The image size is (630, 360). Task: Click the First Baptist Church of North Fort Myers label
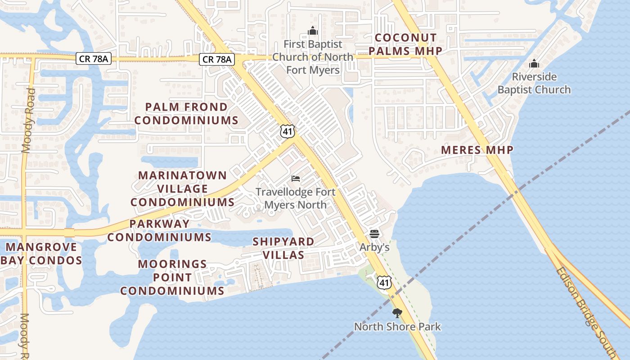pos(313,57)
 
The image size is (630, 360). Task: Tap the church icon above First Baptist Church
pos(313,31)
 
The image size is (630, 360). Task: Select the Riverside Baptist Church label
pos(534,83)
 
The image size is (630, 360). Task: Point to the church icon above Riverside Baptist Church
pos(534,63)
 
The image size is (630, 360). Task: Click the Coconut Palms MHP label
pos(406,44)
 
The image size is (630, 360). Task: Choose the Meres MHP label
pos(477,150)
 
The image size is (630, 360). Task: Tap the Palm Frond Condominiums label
pos(186,113)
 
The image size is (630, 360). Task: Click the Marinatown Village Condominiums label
pos(183,189)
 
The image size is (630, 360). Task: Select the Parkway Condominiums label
pos(159,230)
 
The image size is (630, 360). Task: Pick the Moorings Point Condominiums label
pos(172,277)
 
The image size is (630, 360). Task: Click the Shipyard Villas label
pos(283,248)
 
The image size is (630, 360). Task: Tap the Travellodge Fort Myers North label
pos(296,198)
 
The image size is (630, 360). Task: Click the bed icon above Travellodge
pos(296,179)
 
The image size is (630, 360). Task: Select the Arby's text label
pos(374,247)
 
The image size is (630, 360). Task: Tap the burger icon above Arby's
pos(374,234)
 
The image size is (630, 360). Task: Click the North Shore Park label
pos(397,326)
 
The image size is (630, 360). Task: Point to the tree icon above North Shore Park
pos(397,313)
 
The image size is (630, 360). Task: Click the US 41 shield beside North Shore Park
pos(384,283)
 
